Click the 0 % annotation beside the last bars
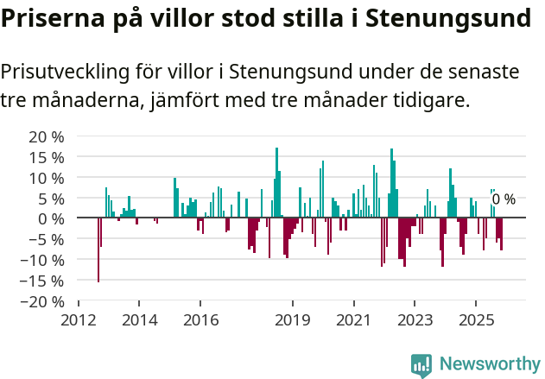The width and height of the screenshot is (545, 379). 504,199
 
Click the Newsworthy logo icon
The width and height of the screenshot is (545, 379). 421,365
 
